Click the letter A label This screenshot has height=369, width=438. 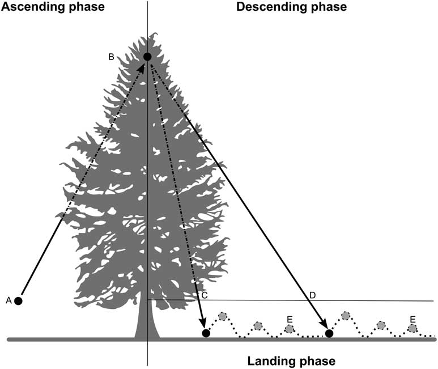point(8,300)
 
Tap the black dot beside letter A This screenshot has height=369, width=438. point(19,300)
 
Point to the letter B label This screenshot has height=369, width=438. point(112,56)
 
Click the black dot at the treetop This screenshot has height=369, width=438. point(147,56)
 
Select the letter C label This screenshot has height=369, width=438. point(205,295)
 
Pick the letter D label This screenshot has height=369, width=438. point(312,295)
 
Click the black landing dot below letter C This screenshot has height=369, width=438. point(206,333)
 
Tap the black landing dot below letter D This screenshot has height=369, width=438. point(329,333)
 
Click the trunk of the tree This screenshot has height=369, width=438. point(146,323)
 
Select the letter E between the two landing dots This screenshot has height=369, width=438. point(290,319)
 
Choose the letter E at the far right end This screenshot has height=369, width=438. point(413,319)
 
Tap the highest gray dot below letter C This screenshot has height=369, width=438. point(222,316)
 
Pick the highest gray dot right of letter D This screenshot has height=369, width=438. point(345,316)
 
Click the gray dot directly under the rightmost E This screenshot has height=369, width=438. point(413,328)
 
